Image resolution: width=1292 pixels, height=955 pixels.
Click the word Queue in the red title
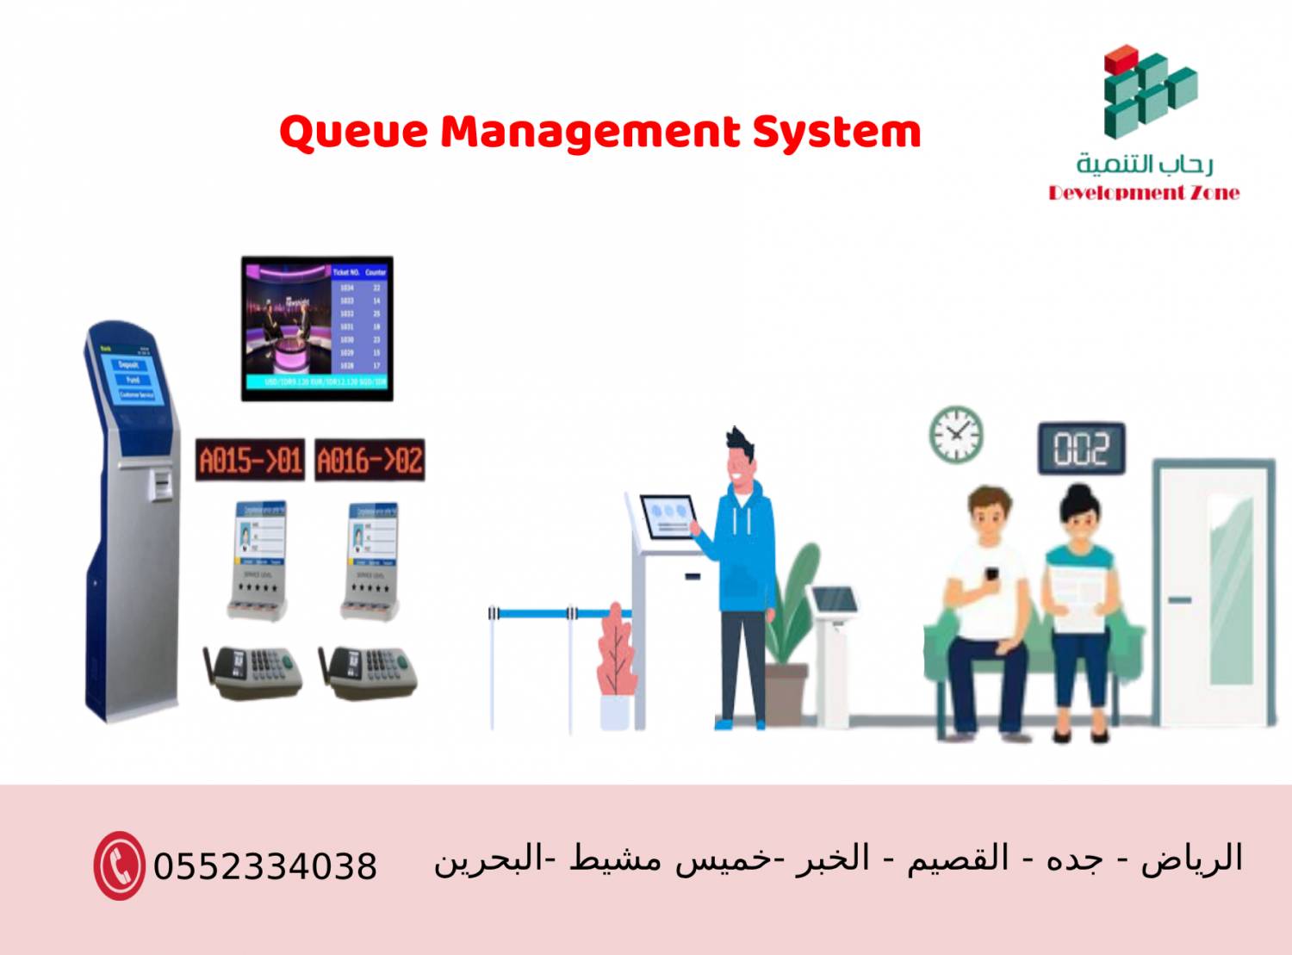[354, 133]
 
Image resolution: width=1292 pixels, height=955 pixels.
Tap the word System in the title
[836, 133]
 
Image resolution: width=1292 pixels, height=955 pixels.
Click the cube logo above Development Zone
[1149, 92]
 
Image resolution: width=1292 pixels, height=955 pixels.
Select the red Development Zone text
[1144, 193]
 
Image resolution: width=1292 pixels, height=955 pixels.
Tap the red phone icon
[120, 865]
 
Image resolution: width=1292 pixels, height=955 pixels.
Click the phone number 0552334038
[265, 866]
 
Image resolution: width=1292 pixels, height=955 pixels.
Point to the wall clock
[956, 434]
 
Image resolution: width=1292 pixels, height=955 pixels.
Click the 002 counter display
[1081, 449]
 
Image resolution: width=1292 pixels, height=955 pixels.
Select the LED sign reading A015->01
[250, 460]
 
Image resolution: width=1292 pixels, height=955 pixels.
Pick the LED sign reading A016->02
[370, 460]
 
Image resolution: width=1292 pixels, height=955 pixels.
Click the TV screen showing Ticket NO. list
[317, 328]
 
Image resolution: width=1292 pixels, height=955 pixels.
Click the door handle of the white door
[1179, 599]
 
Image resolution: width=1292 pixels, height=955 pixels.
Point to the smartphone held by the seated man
[992, 574]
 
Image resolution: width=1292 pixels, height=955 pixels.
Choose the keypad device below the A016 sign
[370, 672]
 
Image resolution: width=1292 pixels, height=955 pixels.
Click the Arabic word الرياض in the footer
[1192, 859]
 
